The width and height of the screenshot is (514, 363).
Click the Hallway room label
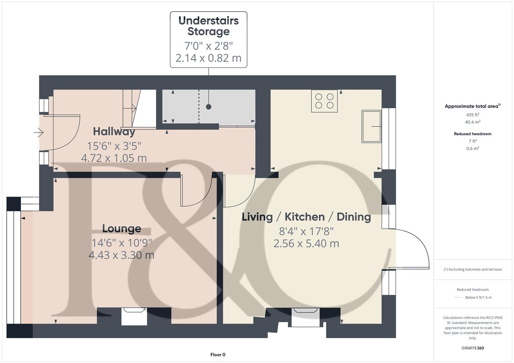tap(114, 131)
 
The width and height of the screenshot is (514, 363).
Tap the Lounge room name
tap(122, 229)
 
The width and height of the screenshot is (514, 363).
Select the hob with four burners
tap(324, 101)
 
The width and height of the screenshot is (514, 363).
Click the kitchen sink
tap(371, 126)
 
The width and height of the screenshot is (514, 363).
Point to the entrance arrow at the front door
tap(39, 133)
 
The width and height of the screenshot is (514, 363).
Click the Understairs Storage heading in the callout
tap(208, 26)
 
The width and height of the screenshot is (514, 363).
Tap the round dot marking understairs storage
tap(209, 107)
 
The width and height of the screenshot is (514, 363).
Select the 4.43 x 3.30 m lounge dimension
tap(122, 255)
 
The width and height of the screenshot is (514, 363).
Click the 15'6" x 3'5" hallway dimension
tap(114, 146)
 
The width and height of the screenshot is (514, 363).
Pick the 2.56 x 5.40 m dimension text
tap(306, 243)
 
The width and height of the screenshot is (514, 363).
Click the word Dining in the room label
tap(353, 217)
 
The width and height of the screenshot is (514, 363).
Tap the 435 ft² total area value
tap(473, 115)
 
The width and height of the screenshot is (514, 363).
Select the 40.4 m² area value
tap(473, 122)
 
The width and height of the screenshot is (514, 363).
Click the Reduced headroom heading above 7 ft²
tap(473, 134)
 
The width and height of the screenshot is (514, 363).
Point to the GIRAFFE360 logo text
tap(473, 348)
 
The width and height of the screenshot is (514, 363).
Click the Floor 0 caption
tap(218, 355)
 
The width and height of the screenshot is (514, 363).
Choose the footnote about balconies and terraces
tap(473, 269)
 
